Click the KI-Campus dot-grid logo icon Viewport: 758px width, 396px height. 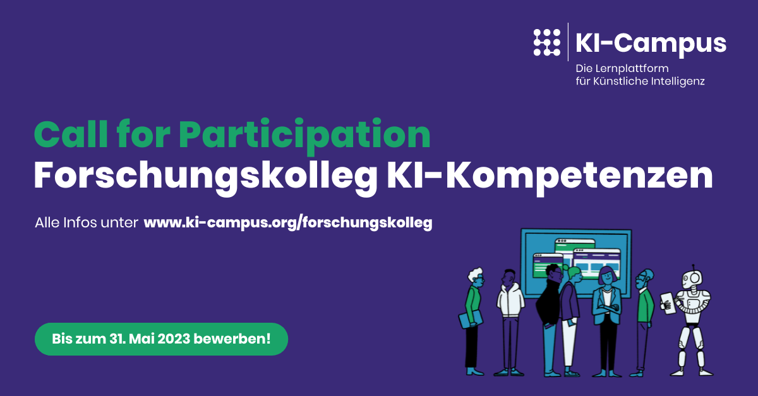tap(546, 42)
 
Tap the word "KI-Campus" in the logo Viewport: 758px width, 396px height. tap(651, 43)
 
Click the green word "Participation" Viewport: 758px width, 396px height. tap(304, 135)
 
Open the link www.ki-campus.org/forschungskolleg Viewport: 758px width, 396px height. tap(288, 223)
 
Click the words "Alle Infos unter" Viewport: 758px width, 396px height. tap(87, 223)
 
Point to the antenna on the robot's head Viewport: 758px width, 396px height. tap(693, 267)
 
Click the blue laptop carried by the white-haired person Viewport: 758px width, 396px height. tap(470, 319)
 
